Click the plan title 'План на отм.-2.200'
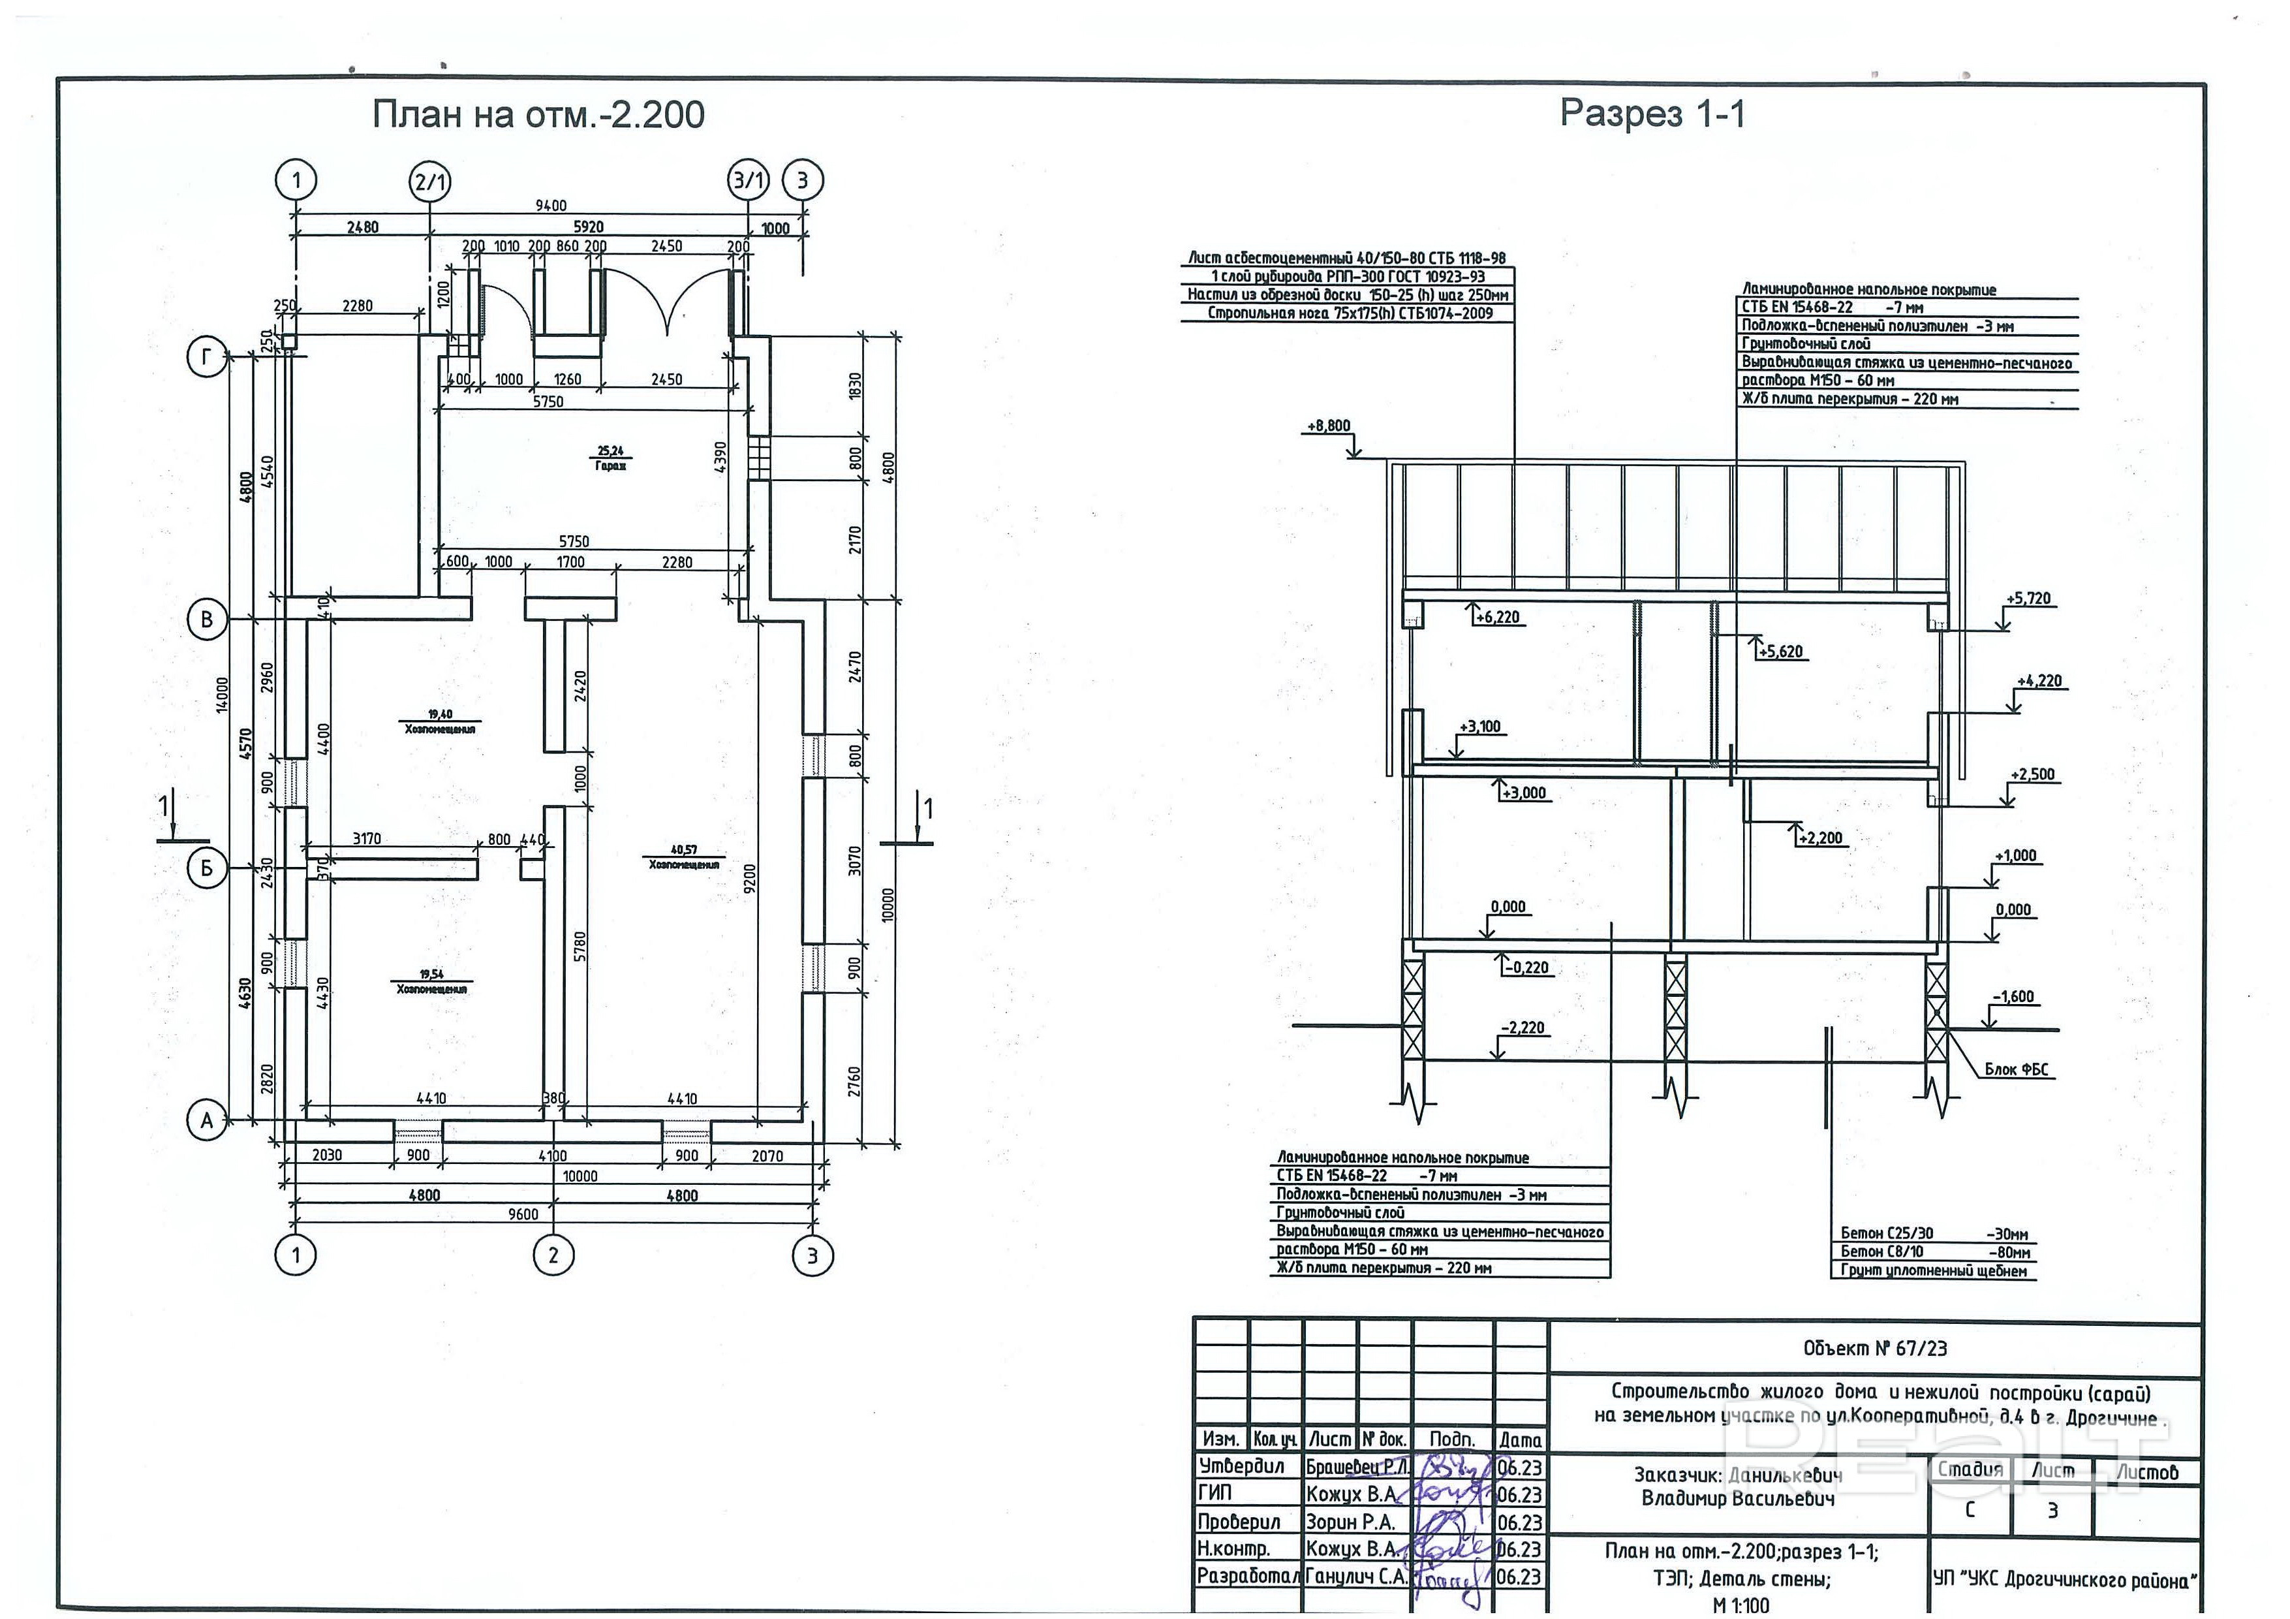pyautogui.click(x=538, y=115)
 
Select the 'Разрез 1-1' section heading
pyautogui.click(x=1652, y=114)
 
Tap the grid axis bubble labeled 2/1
pyautogui.click(x=430, y=181)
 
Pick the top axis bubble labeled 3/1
pyautogui.click(x=749, y=181)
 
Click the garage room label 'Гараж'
pyautogui.click(x=610, y=466)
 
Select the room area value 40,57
pyautogui.click(x=683, y=850)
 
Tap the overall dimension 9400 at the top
pyautogui.click(x=551, y=206)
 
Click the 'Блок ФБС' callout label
pyautogui.click(x=2016, y=1069)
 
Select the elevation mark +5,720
pyautogui.click(x=2029, y=599)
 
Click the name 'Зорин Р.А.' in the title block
pyautogui.click(x=1350, y=1522)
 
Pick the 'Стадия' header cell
pyautogui.click(x=1970, y=1470)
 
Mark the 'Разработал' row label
pyautogui.click(x=1246, y=1577)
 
